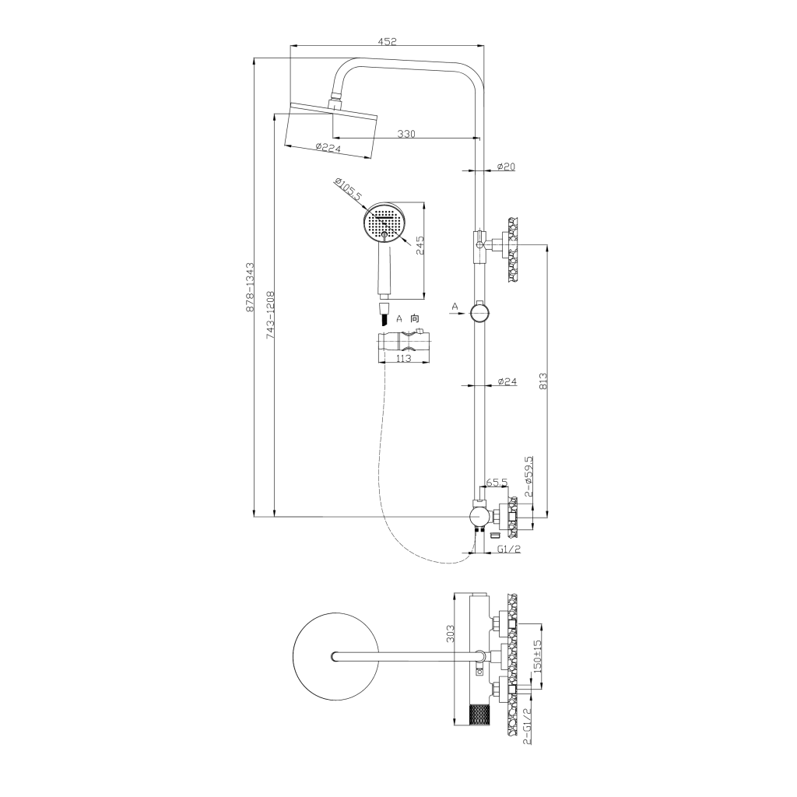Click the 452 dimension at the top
[x=387, y=42]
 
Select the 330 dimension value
[x=406, y=134]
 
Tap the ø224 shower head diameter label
[x=328, y=148]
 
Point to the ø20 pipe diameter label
[x=507, y=166]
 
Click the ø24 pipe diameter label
[x=507, y=381]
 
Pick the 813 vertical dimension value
[x=543, y=379]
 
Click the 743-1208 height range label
[x=270, y=314]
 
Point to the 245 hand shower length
[x=419, y=246]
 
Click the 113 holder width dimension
[x=403, y=359]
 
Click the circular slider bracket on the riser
[x=479, y=313]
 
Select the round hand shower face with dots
[x=384, y=224]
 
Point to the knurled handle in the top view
[x=479, y=714]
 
